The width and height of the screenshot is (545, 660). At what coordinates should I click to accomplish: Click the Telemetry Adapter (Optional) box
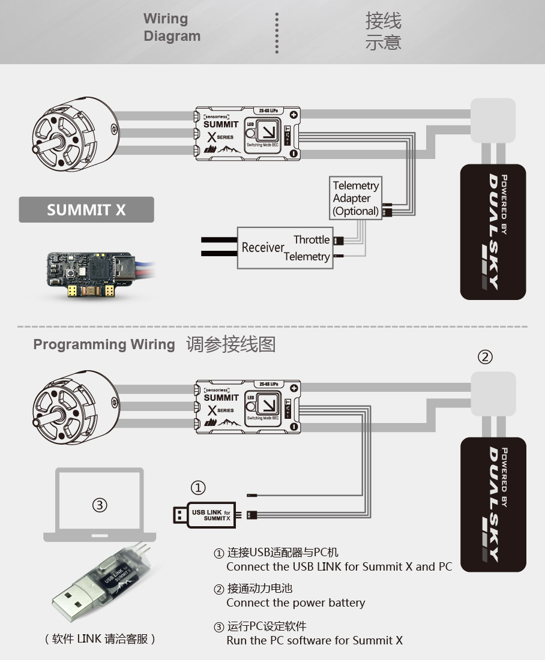pyautogui.click(x=356, y=198)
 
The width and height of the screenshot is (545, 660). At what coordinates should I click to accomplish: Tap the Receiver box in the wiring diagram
pyautogui.click(x=263, y=248)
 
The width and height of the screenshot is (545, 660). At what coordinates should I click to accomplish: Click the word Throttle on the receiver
pyautogui.click(x=312, y=240)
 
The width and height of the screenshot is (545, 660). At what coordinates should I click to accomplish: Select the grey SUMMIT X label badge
pyautogui.click(x=86, y=210)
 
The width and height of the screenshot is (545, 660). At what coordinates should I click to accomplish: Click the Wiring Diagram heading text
pyautogui.click(x=172, y=28)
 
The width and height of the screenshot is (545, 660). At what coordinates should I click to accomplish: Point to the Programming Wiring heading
pyautogui.click(x=104, y=344)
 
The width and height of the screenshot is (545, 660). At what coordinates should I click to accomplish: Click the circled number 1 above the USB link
pyautogui.click(x=198, y=487)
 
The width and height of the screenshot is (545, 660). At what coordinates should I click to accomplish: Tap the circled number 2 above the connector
pyautogui.click(x=485, y=357)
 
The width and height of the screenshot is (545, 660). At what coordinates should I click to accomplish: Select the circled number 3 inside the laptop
pyautogui.click(x=100, y=505)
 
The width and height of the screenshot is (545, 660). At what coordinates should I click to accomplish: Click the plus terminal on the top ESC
pyautogui.click(x=294, y=115)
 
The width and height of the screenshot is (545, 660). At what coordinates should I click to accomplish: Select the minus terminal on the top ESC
pyautogui.click(x=294, y=154)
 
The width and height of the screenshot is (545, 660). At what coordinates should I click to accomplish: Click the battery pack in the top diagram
pyautogui.click(x=493, y=232)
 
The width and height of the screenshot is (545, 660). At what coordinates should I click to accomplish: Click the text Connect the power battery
pyautogui.click(x=295, y=603)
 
